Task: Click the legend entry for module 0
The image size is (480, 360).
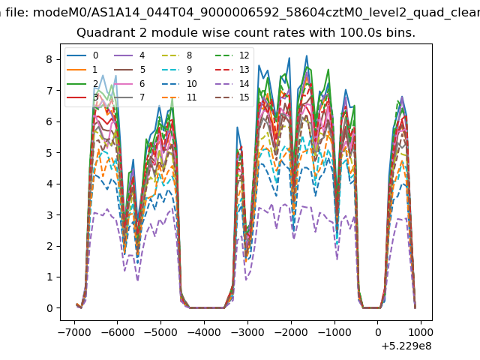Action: tap(82, 55)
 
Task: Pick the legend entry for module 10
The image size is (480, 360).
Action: tap(179, 83)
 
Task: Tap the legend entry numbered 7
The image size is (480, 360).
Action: tap(130, 97)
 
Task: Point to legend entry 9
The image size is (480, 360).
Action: tap(177, 70)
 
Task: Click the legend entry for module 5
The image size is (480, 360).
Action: tap(130, 70)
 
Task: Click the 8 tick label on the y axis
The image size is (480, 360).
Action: tap(49, 59)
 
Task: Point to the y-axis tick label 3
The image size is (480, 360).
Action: tap(49, 215)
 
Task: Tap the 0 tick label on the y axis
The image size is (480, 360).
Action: tap(49, 308)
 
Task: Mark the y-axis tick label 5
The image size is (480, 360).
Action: tap(49, 153)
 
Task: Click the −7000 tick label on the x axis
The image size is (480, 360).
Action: tap(74, 332)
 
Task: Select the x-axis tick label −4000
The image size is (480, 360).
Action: tap(204, 332)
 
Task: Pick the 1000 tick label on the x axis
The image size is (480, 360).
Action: tap(421, 332)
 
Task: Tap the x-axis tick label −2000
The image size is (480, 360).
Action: tap(291, 332)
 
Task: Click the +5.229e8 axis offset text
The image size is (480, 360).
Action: tap(406, 346)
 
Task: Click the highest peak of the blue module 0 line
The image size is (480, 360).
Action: tap(307, 56)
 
